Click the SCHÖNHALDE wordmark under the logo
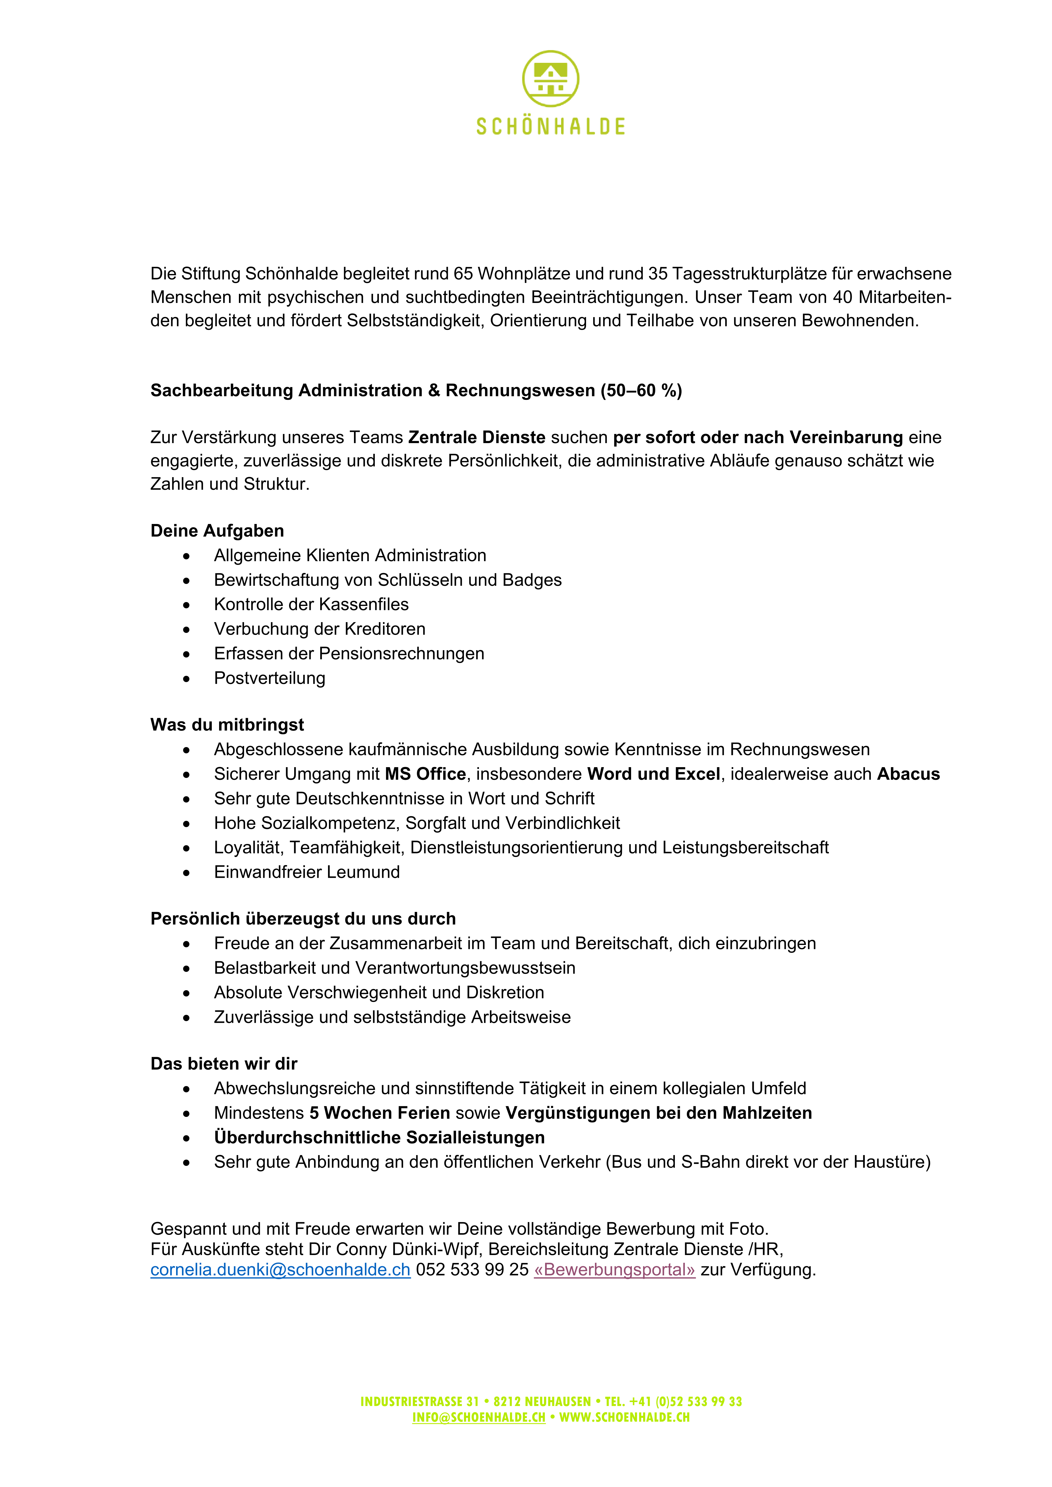tap(551, 126)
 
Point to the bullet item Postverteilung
tap(269, 678)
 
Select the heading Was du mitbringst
tap(227, 725)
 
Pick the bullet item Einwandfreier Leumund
tap(306, 872)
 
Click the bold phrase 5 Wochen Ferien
tap(380, 1113)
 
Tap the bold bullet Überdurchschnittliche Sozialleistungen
tap(379, 1137)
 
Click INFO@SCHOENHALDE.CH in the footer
tap(479, 1417)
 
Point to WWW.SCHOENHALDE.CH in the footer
tap(624, 1417)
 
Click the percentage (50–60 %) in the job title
tap(641, 390)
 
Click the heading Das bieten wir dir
tap(223, 1063)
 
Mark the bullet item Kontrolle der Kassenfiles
tap(311, 604)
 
